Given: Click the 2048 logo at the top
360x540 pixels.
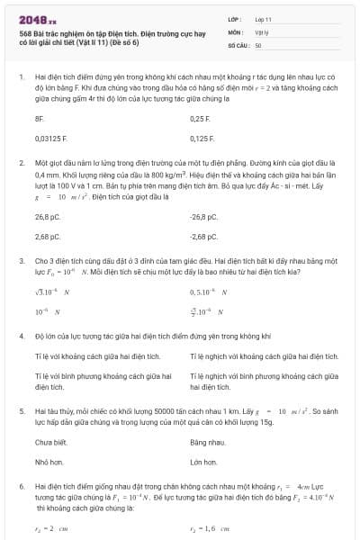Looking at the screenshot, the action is point(37,17).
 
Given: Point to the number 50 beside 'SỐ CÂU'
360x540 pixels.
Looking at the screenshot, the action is point(258,44).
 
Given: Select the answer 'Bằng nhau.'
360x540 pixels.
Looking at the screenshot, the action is point(206,443).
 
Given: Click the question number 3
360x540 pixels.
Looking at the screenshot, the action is point(21,258).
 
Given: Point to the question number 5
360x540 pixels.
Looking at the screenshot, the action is point(21,409).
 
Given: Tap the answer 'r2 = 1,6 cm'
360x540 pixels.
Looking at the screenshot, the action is point(211,529).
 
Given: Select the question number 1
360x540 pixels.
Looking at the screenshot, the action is point(21,77).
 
